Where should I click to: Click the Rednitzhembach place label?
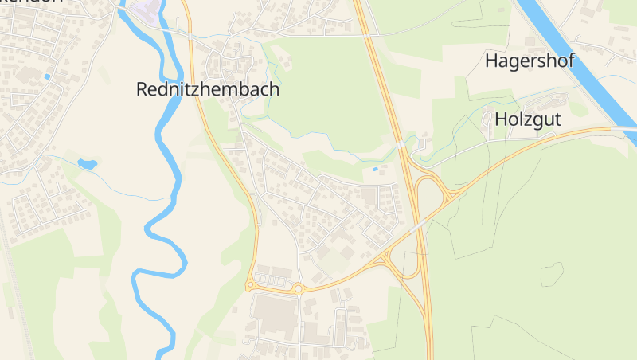point(208,89)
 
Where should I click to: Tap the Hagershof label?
point(530,61)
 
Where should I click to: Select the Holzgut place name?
point(528,119)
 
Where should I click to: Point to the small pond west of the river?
point(87,165)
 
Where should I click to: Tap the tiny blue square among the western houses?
point(48,76)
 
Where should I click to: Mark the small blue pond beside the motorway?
point(376,169)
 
